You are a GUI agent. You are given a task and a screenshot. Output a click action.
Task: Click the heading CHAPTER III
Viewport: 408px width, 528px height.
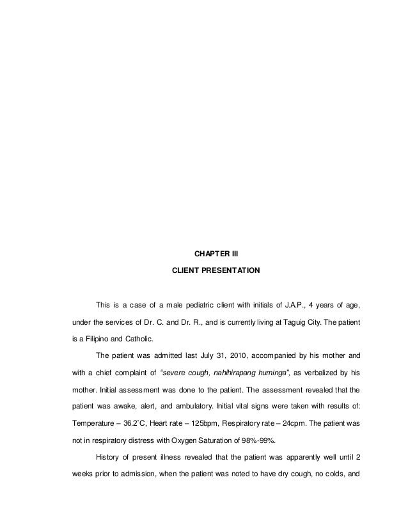click(216, 254)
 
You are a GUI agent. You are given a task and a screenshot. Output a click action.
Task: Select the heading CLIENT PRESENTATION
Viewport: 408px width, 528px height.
click(216, 271)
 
